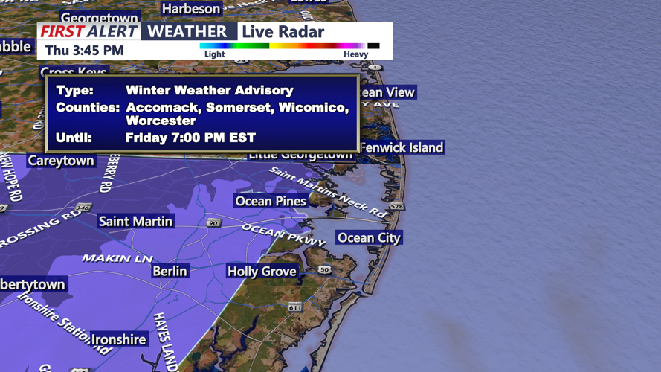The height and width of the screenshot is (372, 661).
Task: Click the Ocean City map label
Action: (369, 238)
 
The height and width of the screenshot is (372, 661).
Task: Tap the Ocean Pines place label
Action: (270, 201)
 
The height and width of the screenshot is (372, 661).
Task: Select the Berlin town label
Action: (170, 271)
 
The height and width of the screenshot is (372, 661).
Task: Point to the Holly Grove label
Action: (262, 272)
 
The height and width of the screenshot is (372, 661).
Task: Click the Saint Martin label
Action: (135, 221)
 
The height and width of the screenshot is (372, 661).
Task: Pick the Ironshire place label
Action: (118, 339)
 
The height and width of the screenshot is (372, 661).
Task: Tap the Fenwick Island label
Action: (402, 147)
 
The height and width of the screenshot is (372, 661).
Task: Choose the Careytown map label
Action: (61, 161)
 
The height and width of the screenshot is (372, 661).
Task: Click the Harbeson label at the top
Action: (191, 9)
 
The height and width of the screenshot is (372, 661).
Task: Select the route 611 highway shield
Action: (295, 307)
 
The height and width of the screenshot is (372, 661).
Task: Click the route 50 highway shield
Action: (324, 269)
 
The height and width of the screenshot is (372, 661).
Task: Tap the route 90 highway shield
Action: (214, 222)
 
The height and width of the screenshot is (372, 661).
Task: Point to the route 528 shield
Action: (397, 206)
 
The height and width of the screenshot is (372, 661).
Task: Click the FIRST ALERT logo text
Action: (88, 31)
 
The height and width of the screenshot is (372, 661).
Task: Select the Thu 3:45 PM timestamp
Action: (84, 51)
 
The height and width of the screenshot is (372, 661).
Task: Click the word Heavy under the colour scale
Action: (355, 54)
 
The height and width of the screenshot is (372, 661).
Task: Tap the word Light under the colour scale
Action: (214, 54)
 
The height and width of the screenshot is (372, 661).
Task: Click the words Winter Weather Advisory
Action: (209, 90)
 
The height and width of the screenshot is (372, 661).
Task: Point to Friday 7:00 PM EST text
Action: (190, 138)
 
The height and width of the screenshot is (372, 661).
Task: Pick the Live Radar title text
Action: (283, 31)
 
